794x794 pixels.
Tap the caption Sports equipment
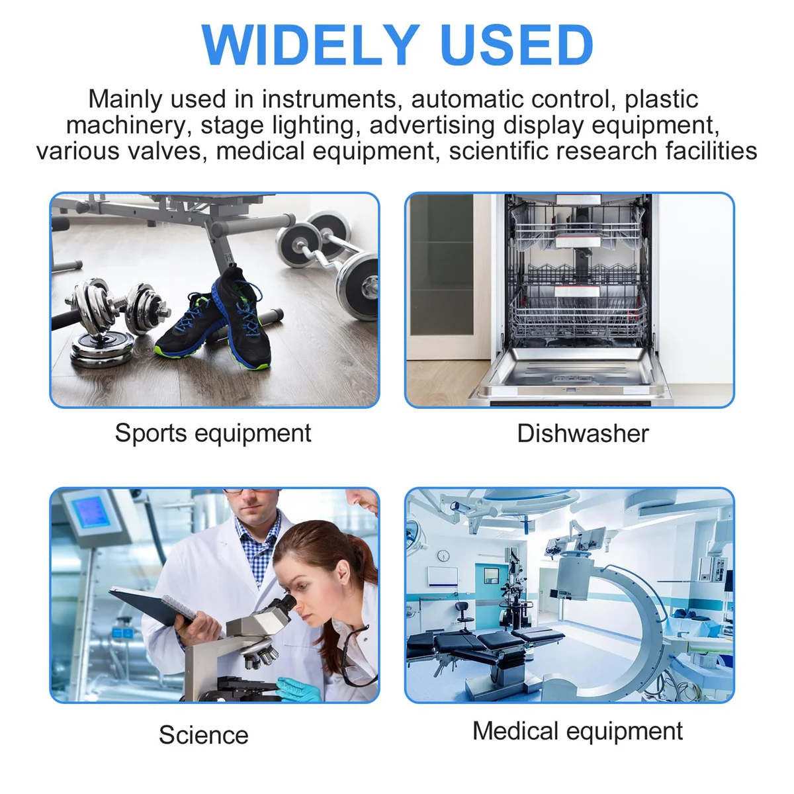tap(213, 433)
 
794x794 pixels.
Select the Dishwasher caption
tap(583, 433)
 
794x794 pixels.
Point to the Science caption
tap(204, 735)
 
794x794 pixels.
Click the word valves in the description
tap(167, 151)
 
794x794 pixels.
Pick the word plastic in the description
tap(661, 100)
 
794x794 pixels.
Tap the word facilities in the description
tap(711, 151)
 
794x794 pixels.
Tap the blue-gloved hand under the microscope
tap(298, 689)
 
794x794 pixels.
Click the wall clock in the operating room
tap(443, 556)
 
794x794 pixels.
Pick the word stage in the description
tap(232, 126)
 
